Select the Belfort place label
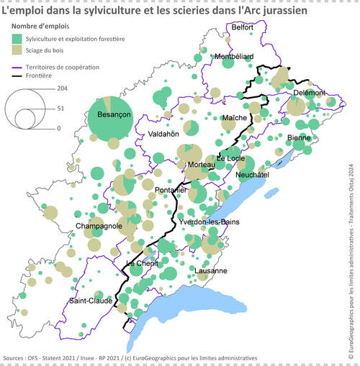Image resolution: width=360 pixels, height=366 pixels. click(x=242, y=27)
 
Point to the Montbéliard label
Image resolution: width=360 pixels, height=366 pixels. click(x=233, y=56)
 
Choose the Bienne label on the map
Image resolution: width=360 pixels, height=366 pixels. click(x=299, y=137)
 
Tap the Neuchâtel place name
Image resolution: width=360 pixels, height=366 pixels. click(x=253, y=175)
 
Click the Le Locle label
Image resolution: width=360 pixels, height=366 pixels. click(x=230, y=158)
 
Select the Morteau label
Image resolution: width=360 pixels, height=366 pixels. click(x=201, y=165)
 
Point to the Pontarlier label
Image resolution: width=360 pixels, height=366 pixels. click(x=171, y=190)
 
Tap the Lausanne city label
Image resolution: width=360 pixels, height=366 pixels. click(x=211, y=270)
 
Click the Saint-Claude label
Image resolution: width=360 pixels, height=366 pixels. click(x=91, y=301)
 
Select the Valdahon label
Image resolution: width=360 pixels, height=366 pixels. click(x=163, y=134)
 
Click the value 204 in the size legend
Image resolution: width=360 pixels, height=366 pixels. click(x=63, y=88)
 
